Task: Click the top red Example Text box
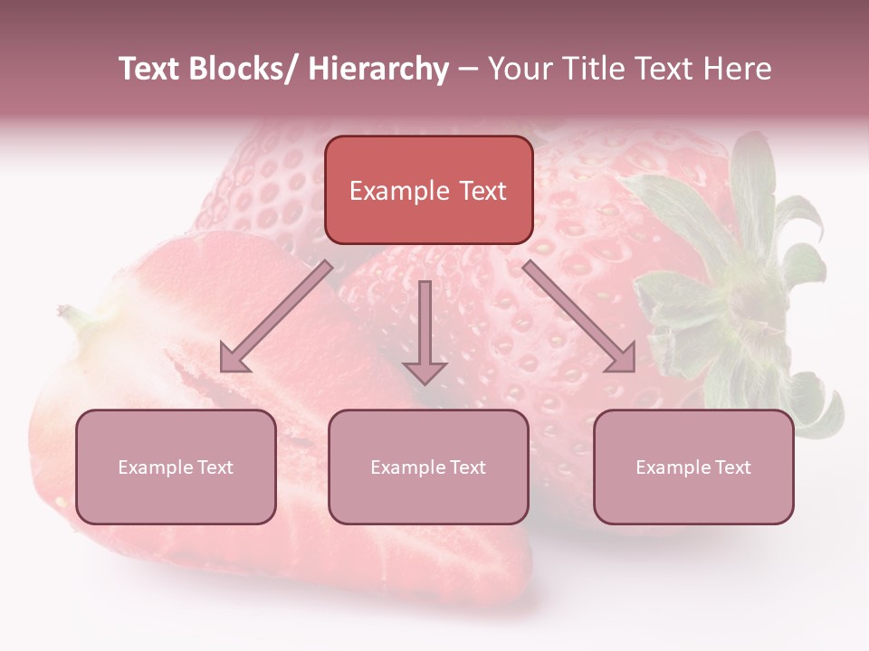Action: (x=428, y=190)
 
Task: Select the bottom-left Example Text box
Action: (x=176, y=467)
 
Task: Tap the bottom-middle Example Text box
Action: (x=428, y=467)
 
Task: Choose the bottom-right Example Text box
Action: (x=693, y=467)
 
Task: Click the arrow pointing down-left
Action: (x=275, y=316)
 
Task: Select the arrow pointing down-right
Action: (x=579, y=317)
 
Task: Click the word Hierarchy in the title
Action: (x=377, y=69)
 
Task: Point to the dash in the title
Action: (x=468, y=69)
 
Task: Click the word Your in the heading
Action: (x=519, y=69)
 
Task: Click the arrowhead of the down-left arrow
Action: (x=233, y=359)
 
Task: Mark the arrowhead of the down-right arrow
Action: (x=622, y=359)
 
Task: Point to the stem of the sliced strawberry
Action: (x=72, y=316)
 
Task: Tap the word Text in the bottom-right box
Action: (x=731, y=467)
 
